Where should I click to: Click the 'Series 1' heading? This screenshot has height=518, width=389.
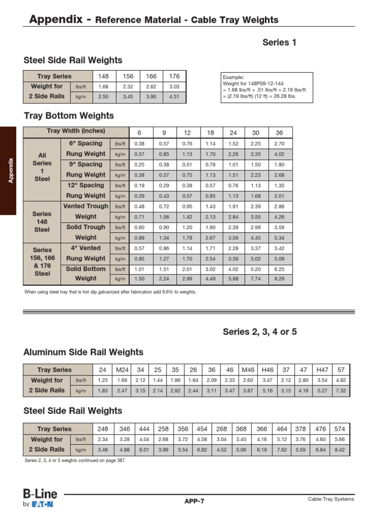tap(279, 42)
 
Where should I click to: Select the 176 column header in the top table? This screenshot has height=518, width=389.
tap(174, 76)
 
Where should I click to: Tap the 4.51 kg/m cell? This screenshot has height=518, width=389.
tap(174, 97)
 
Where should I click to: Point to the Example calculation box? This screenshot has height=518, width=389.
tap(267, 88)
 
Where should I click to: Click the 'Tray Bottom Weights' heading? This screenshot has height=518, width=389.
tap(69, 116)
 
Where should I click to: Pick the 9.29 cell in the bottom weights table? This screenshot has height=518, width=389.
tap(279, 279)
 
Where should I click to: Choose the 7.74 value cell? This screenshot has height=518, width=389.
tap(256, 279)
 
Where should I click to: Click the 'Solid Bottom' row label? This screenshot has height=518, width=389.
tap(85, 269)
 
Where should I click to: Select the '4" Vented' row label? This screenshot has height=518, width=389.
tap(85, 248)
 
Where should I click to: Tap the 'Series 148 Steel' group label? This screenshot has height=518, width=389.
tap(42, 222)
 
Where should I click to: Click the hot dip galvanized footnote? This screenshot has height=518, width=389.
tap(110, 292)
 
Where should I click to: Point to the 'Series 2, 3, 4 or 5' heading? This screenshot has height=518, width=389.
tap(259, 332)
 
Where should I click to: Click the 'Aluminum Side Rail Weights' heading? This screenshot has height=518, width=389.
tap(84, 352)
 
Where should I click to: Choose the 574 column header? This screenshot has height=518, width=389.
tap(339, 429)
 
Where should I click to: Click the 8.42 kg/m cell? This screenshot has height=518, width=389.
tap(339, 449)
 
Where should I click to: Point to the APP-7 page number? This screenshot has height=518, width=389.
tap(194, 501)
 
